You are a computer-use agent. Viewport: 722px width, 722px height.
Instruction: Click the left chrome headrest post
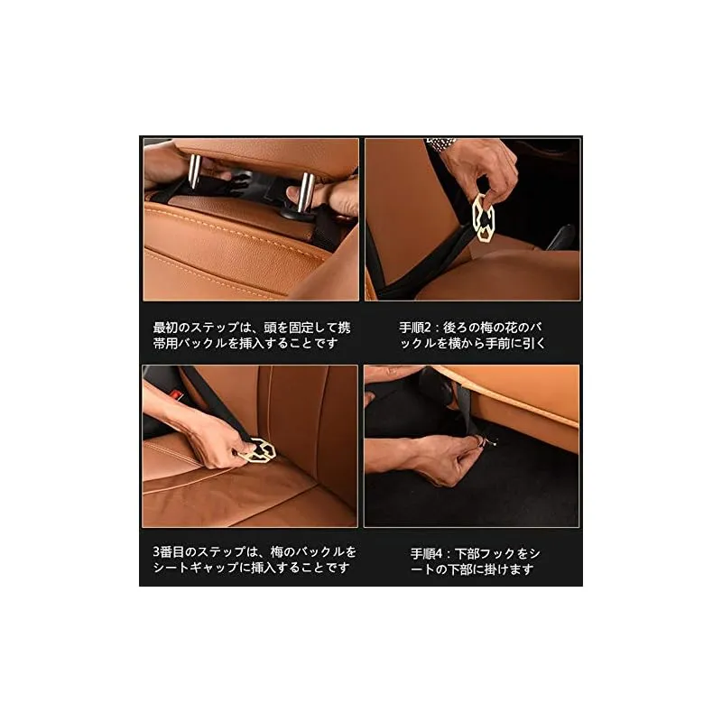click(195, 171)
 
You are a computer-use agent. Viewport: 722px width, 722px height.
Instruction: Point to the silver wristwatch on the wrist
click(441, 143)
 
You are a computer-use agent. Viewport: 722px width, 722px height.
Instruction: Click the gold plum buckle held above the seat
click(483, 217)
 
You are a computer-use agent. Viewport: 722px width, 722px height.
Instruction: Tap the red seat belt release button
click(176, 395)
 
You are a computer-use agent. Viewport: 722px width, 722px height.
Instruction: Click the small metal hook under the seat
click(489, 442)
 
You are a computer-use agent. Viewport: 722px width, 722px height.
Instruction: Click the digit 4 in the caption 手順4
click(438, 553)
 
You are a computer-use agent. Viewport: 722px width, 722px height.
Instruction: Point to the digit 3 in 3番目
click(156, 551)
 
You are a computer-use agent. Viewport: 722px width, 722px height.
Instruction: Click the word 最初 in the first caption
click(165, 328)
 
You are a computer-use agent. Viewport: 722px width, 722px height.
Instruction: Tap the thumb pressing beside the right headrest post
click(294, 192)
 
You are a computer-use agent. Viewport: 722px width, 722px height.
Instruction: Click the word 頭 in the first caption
click(270, 328)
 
